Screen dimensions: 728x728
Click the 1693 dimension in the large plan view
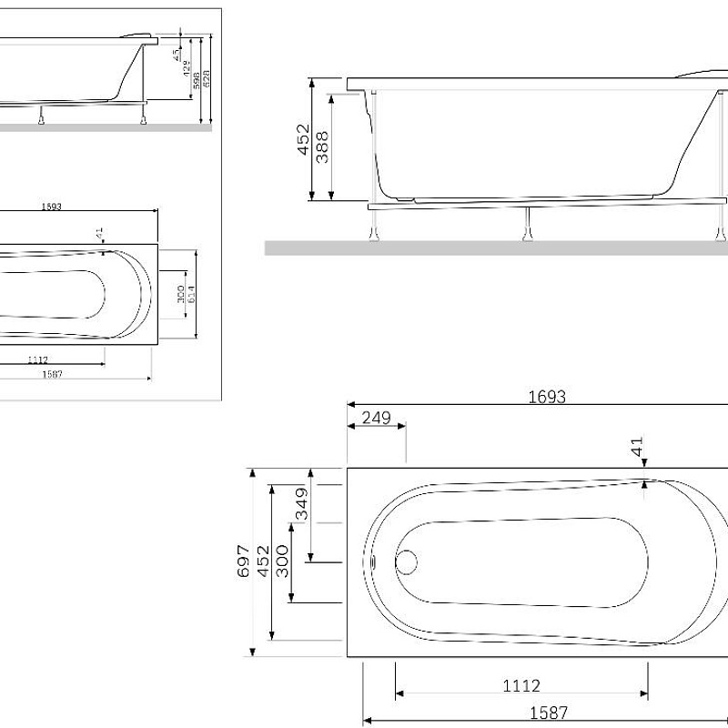click(547, 396)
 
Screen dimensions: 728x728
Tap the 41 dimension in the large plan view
click(637, 447)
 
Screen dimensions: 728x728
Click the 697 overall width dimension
click(243, 562)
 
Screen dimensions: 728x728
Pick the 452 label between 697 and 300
click(262, 562)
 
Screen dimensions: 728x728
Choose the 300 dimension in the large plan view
click(281, 562)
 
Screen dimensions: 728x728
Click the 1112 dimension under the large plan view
click(521, 685)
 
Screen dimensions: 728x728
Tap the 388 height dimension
click(321, 147)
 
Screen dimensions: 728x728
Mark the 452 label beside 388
click(303, 141)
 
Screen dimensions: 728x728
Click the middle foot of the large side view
click(527, 227)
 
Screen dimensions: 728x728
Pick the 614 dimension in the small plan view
click(191, 294)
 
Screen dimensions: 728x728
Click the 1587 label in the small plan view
click(51, 373)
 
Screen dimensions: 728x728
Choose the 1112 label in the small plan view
click(38, 359)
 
